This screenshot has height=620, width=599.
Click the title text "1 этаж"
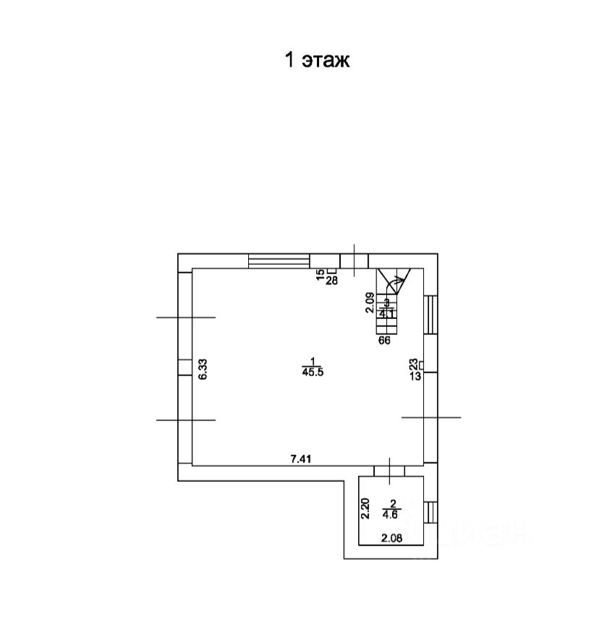pyautogui.click(x=317, y=60)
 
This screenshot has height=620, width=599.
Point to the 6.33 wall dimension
pyautogui.click(x=203, y=370)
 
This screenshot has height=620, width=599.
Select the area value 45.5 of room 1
pyautogui.click(x=313, y=372)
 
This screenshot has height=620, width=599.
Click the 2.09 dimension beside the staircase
pyautogui.click(x=370, y=302)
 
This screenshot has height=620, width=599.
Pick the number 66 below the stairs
pyautogui.click(x=384, y=341)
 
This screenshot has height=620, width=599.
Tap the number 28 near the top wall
pyautogui.click(x=332, y=281)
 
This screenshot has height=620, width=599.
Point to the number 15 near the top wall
pyautogui.click(x=320, y=274)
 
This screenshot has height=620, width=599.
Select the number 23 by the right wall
pyautogui.click(x=414, y=364)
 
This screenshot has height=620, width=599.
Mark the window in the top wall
pyautogui.click(x=279, y=260)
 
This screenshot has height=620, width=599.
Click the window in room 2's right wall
pyautogui.click(x=430, y=512)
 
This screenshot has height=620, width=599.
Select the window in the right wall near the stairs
pyautogui.click(x=430, y=314)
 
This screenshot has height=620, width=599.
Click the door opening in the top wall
pyautogui.click(x=354, y=260)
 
